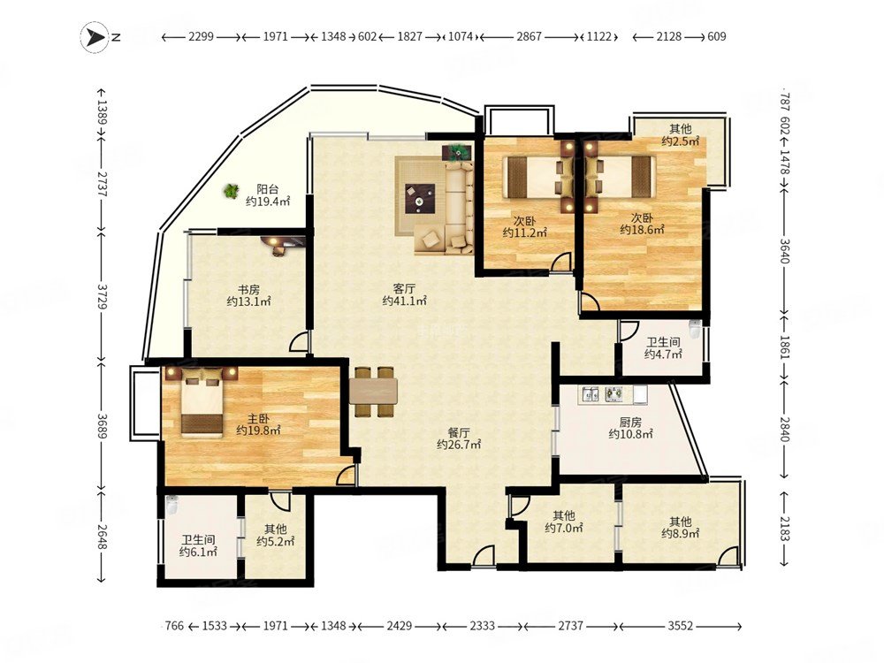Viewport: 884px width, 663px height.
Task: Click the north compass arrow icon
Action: point(95,37)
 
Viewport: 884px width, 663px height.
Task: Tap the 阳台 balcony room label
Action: point(267,189)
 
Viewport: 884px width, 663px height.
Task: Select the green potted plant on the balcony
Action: point(231,191)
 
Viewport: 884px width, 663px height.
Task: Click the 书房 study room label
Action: point(248,290)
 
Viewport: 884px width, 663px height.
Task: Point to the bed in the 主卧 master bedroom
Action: point(202,402)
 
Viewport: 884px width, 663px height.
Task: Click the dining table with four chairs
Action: point(373,392)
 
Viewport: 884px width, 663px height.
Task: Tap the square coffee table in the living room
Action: point(420,198)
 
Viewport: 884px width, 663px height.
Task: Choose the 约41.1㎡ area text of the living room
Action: point(404,301)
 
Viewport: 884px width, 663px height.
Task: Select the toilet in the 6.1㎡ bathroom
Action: point(172,505)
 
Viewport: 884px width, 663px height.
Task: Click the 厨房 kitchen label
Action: point(630,423)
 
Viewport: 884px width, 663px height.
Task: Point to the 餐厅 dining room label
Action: point(459,433)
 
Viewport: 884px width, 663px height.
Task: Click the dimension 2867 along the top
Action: point(529,36)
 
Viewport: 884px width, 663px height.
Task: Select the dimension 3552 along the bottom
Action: point(680,626)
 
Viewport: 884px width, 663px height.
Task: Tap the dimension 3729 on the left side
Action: point(102,295)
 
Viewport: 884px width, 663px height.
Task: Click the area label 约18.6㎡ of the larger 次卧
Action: point(642,230)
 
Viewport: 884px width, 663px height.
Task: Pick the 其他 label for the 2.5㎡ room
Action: point(680,129)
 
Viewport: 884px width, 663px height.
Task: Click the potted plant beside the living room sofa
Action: point(458,151)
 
